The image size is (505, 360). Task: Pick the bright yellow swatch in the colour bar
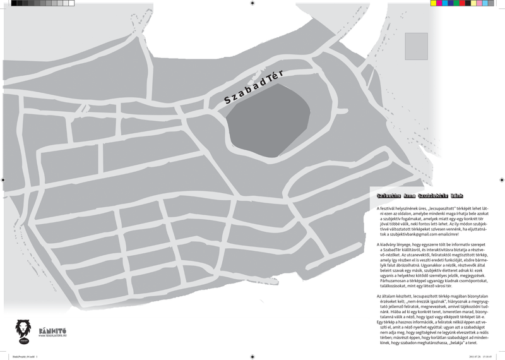(434, 3)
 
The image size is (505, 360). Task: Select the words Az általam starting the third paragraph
(386, 296)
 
